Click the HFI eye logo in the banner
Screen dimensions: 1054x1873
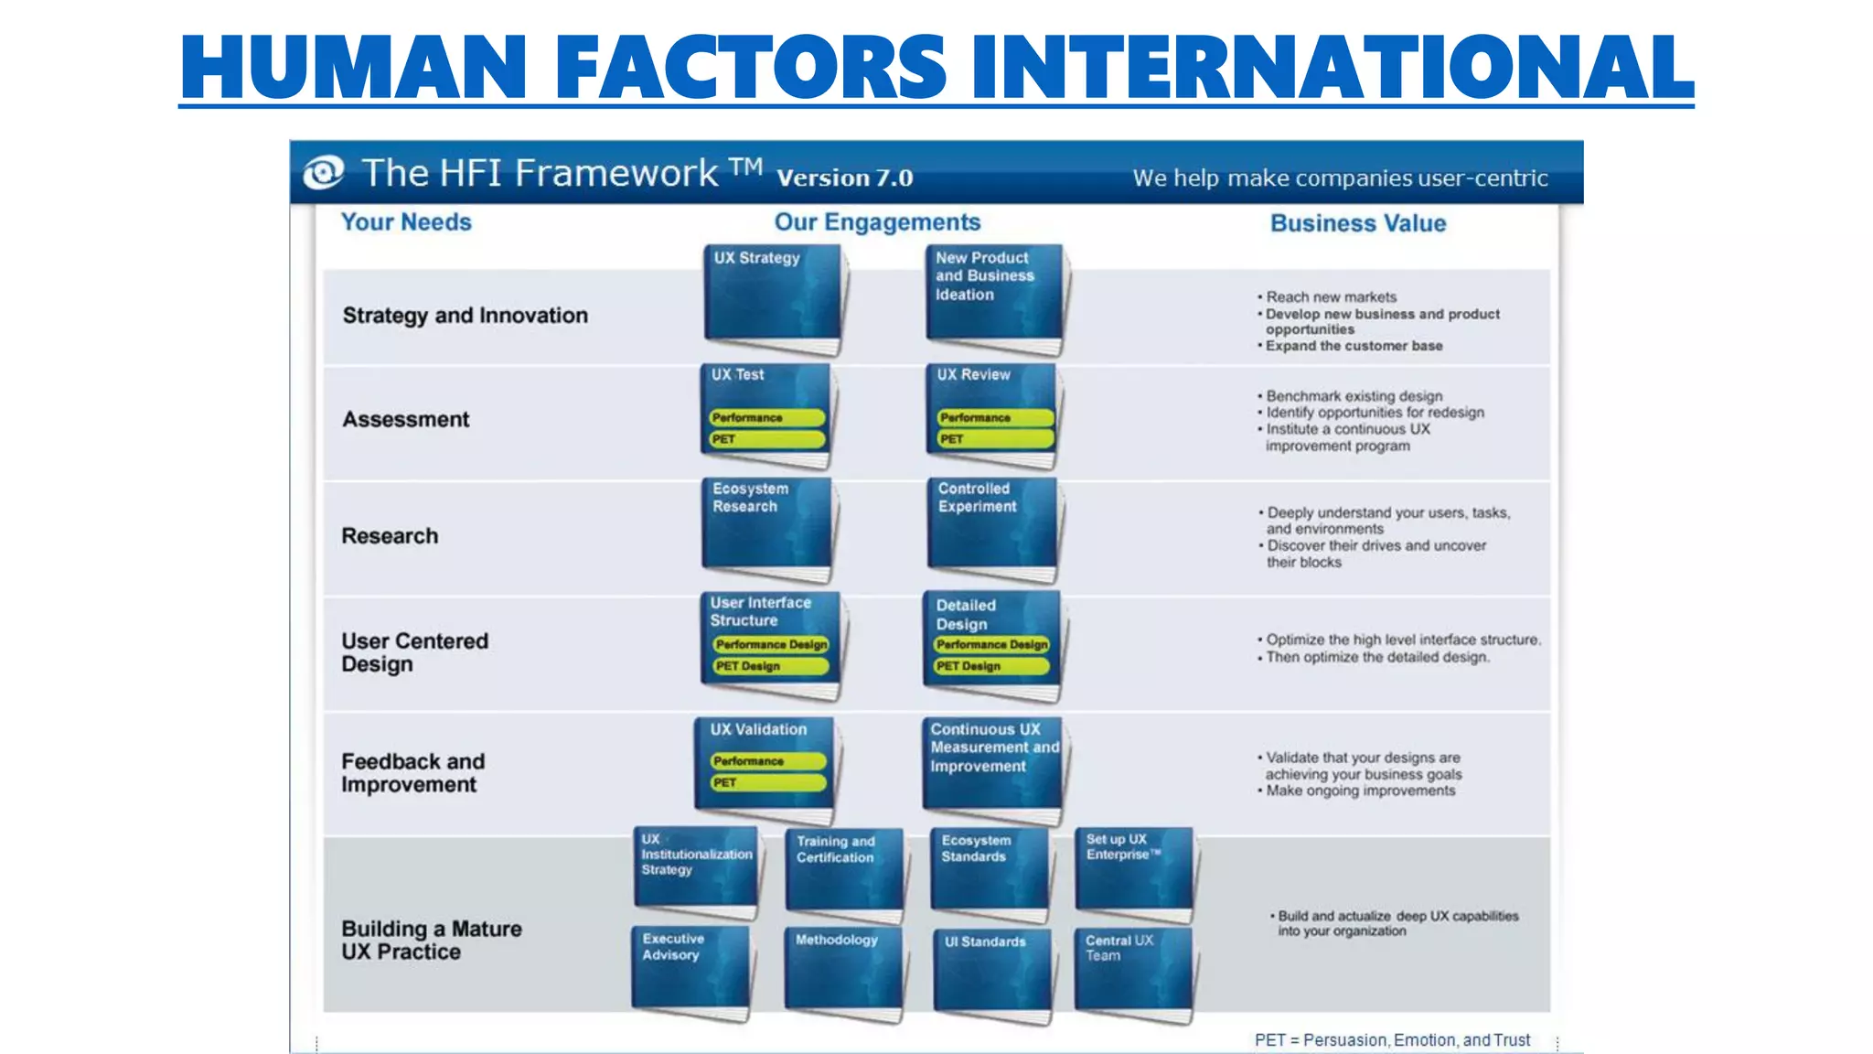pyautogui.click(x=323, y=172)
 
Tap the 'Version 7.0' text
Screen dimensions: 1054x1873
pyautogui.click(x=844, y=177)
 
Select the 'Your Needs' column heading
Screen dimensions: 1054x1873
pyautogui.click(x=406, y=222)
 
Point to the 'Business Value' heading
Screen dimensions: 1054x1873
pyautogui.click(x=1357, y=223)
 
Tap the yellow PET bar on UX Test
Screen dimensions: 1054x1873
pyautogui.click(x=767, y=439)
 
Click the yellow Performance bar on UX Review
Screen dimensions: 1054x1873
pyautogui.click(x=994, y=417)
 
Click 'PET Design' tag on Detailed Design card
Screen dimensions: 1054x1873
pyautogui.click(x=990, y=666)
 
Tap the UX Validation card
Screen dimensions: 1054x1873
pyautogui.click(x=764, y=764)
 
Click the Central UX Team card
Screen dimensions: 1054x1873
pyautogui.click(x=1133, y=970)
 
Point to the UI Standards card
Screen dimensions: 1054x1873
pyautogui.click(x=991, y=972)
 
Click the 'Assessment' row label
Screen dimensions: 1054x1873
pyautogui.click(x=405, y=419)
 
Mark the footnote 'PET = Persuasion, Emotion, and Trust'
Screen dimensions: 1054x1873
pyautogui.click(x=1391, y=1040)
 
